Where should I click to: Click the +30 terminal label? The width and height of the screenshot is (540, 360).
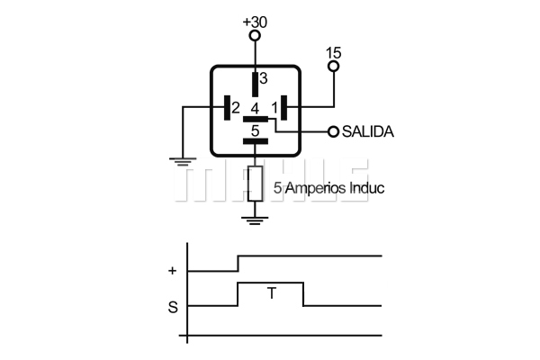255,22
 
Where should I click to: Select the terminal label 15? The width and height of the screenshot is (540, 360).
333,53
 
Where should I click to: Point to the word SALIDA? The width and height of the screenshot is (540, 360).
368,131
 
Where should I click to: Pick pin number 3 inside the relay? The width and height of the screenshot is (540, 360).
264,78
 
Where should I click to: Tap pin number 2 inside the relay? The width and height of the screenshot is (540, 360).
236,108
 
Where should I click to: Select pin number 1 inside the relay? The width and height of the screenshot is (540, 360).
274,108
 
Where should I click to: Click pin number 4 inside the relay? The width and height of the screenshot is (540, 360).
255,109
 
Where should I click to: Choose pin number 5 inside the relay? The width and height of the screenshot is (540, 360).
255,130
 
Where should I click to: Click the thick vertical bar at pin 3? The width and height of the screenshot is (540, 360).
255,85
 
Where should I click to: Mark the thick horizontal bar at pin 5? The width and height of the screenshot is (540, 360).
256,141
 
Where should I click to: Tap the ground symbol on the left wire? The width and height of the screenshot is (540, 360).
183,162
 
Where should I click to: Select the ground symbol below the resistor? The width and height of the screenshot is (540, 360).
255,220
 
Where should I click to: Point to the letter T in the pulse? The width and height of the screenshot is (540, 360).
272,293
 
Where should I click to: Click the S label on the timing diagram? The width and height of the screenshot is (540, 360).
173,307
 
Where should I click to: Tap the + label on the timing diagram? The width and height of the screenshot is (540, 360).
172,271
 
